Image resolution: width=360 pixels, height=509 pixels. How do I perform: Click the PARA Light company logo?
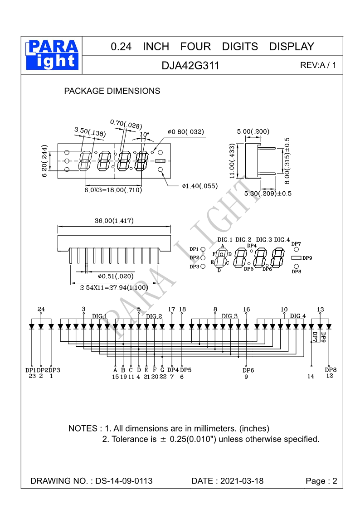click(53, 54)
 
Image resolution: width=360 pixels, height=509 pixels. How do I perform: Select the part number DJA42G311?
click(190, 66)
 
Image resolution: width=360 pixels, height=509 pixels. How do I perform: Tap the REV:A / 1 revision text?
click(318, 65)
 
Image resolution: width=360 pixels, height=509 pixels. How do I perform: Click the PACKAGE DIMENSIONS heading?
click(112, 91)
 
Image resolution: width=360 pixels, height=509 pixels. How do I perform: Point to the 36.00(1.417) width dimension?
click(114, 221)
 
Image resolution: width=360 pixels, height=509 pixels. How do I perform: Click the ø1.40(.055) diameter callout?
click(199, 186)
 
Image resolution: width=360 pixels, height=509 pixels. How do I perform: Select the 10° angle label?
click(144, 135)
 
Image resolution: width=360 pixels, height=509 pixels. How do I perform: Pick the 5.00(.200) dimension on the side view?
click(253, 132)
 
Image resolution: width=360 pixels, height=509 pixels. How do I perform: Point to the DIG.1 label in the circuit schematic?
click(99, 316)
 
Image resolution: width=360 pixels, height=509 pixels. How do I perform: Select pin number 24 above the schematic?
click(41, 309)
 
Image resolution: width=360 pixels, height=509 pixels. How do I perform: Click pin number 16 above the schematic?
click(246, 310)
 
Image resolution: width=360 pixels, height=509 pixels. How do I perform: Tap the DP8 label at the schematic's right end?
click(331, 369)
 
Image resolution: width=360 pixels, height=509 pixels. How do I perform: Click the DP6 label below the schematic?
click(248, 370)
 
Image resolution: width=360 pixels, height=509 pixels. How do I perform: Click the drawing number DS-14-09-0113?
click(124, 481)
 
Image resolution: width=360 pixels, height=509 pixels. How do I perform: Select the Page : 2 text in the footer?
click(321, 481)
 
